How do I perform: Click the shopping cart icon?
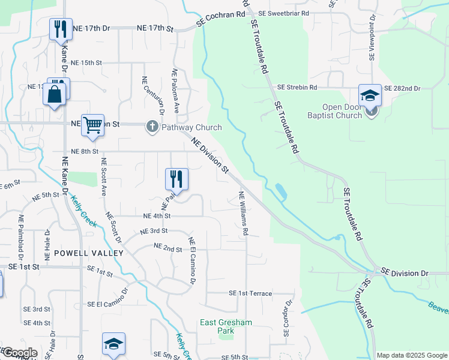(x=92, y=125)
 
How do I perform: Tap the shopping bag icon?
(x=54, y=95)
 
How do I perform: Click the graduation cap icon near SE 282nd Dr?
(x=370, y=95)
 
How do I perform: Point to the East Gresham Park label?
(x=226, y=326)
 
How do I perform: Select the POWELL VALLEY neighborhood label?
(x=88, y=253)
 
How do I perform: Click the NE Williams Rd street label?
(x=244, y=213)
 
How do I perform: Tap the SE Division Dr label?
(x=405, y=273)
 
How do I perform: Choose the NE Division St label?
(x=210, y=156)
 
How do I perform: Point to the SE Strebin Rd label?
(x=297, y=88)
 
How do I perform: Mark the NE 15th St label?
(x=86, y=62)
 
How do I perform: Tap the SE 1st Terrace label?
(x=250, y=293)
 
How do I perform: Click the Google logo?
(x=19, y=353)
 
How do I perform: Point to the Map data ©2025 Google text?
(x=412, y=355)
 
